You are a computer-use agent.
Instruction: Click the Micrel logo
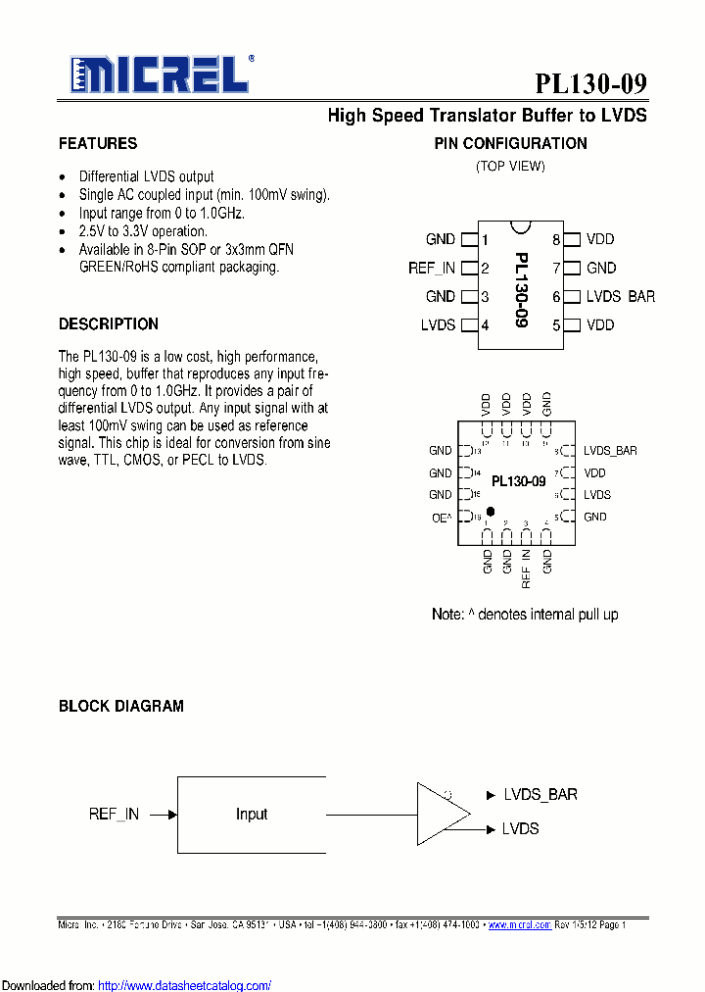[160, 74]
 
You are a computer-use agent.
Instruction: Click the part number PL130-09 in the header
[590, 83]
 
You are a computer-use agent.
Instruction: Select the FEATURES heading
[98, 144]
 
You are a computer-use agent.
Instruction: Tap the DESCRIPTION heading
[109, 324]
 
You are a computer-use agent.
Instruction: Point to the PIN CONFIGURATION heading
[510, 144]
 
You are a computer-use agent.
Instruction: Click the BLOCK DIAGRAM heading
[121, 706]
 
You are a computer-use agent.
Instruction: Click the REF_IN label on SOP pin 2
[432, 268]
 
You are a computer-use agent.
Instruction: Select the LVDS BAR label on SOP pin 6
[620, 297]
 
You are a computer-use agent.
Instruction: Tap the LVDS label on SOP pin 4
[438, 325]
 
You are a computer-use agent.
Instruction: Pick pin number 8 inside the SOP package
[555, 239]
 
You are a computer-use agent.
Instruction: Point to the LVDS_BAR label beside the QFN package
[610, 451]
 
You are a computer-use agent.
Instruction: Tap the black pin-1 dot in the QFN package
[490, 512]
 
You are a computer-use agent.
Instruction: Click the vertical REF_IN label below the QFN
[527, 569]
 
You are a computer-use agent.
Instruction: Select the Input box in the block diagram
[252, 814]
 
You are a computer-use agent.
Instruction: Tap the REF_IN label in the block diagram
[114, 814]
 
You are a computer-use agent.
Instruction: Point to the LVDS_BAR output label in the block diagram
[540, 794]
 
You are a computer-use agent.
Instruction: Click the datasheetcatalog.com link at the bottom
[185, 985]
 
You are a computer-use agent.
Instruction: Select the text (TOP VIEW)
[510, 166]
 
